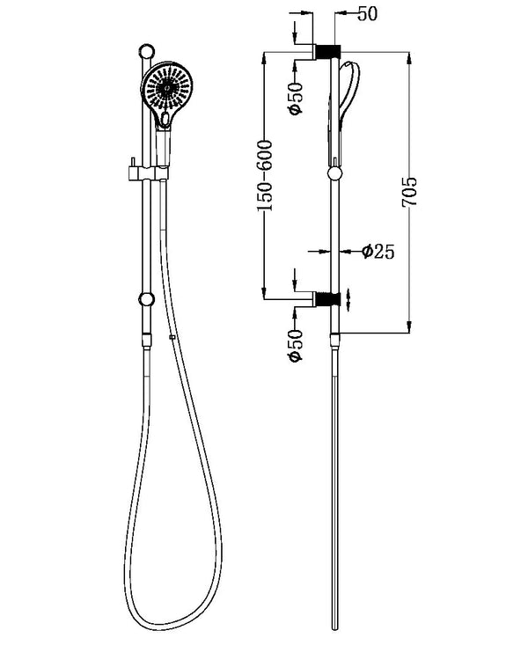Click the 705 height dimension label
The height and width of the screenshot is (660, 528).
410,192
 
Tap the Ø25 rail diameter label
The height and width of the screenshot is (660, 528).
378,252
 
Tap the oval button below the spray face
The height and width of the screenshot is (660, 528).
165,116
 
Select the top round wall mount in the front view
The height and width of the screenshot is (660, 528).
147,51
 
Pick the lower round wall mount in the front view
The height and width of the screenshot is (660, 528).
145,299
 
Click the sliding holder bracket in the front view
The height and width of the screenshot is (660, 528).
150,172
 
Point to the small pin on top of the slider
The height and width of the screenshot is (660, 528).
132,160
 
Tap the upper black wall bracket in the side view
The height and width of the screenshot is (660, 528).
328,51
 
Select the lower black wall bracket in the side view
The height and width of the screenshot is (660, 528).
328,299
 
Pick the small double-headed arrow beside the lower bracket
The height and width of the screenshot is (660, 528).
350,299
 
